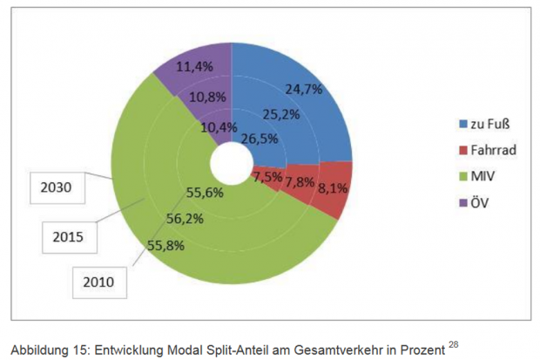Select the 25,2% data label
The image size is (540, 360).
[x=281, y=113]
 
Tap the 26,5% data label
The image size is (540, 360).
[x=260, y=139]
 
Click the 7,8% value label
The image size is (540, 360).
[x=299, y=181]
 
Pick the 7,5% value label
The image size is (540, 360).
[x=267, y=178]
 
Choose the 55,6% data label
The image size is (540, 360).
[x=206, y=193]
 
